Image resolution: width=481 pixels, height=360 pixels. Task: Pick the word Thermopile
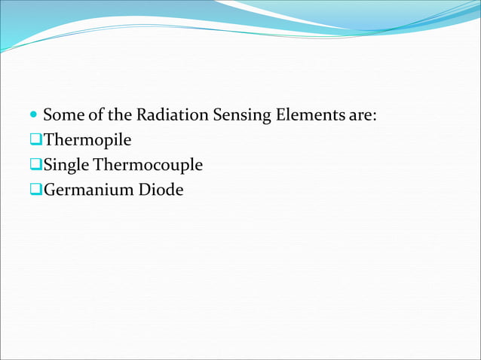pyautogui.click(x=87, y=141)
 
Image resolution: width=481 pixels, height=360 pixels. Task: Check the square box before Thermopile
pyautogui.click(x=35, y=141)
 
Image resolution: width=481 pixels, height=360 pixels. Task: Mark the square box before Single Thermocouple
pyautogui.click(x=35, y=165)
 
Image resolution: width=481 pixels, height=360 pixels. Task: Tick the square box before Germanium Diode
pyautogui.click(x=35, y=190)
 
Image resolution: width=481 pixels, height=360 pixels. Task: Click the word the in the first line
pyautogui.click(x=119, y=116)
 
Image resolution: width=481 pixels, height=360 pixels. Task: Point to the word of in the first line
pyautogui.click(x=94, y=116)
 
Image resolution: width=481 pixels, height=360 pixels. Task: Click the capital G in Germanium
pyautogui.click(x=50, y=190)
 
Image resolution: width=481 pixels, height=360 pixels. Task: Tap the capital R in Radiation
pyautogui.click(x=142, y=116)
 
